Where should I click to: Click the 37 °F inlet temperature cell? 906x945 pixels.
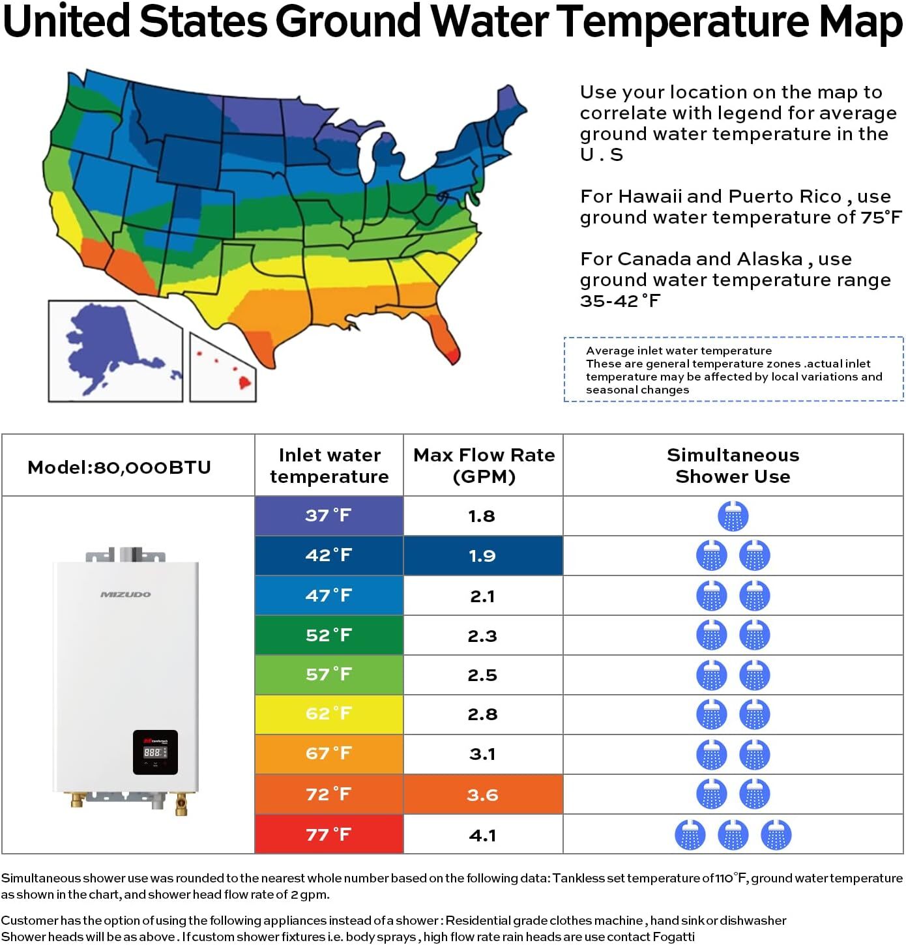tap(329, 516)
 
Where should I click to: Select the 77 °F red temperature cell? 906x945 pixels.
tap(329, 834)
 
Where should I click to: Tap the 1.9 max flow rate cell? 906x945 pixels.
tap(482, 556)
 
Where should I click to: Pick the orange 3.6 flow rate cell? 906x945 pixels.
tap(482, 794)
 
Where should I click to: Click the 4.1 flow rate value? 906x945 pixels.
tap(482, 835)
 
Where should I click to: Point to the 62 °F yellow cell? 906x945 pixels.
tap(329, 714)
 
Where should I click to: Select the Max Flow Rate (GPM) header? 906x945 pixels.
tap(484, 465)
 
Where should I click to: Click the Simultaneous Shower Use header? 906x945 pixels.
tap(733, 465)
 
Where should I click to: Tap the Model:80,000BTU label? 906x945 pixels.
tap(119, 467)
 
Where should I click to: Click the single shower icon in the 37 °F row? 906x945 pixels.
tap(733, 516)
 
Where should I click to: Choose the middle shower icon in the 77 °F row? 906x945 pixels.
tap(733, 835)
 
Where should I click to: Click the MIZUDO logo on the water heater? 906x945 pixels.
tap(125, 594)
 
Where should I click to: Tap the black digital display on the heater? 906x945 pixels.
tap(155, 752)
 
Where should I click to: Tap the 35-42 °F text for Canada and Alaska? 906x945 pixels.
tap(620, 300)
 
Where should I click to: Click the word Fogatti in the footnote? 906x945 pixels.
tap(673, 937)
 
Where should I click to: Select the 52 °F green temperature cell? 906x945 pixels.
tap(329, 635)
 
